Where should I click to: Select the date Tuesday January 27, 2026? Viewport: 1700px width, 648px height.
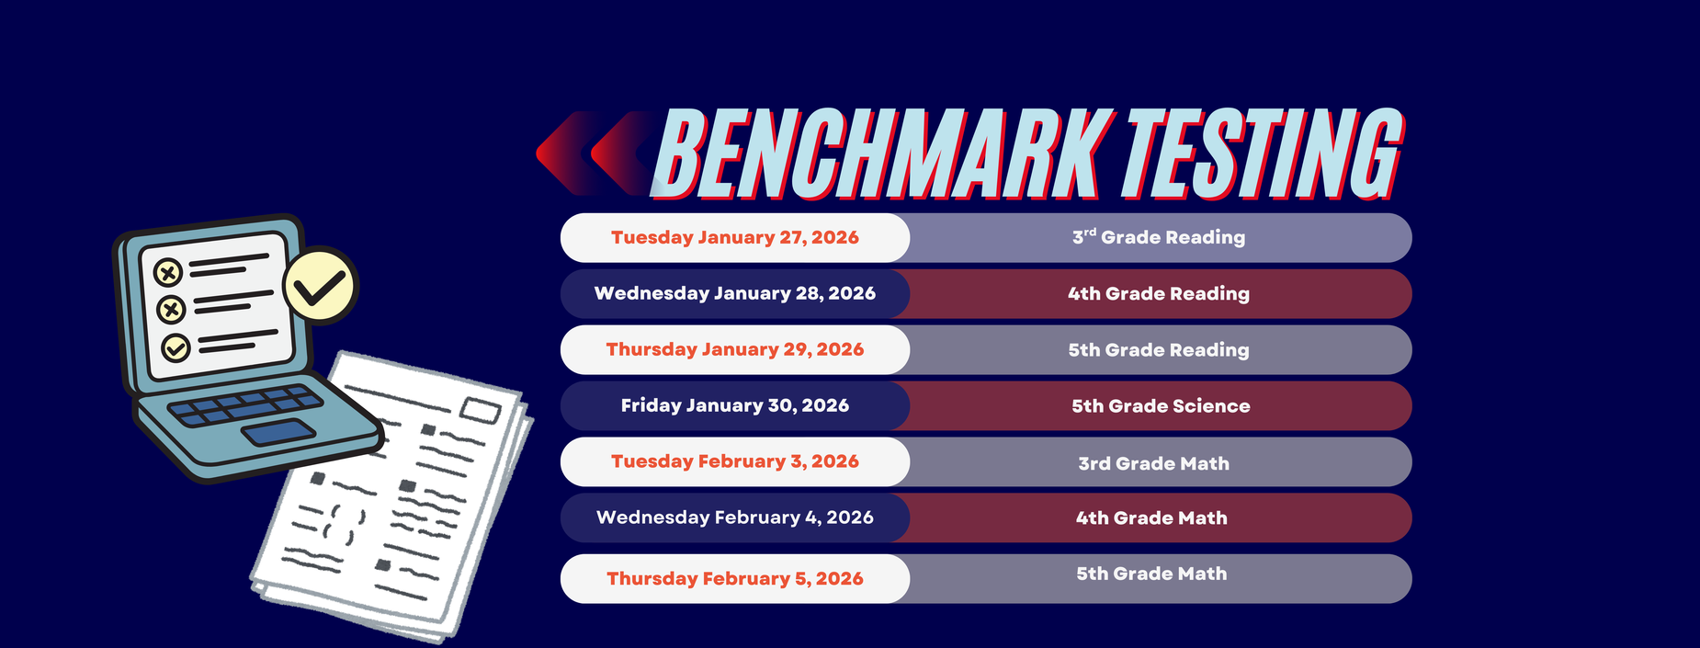pos(735,237)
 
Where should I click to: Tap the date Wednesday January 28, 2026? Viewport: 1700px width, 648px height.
pos(735,293)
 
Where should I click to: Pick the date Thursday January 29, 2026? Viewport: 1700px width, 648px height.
pos(735,349)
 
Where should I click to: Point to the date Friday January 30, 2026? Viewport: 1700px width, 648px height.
pos(735,405)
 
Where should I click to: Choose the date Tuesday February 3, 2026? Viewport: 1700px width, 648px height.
pos(735,461)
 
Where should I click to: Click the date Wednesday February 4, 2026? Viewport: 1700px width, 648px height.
pos(735,517)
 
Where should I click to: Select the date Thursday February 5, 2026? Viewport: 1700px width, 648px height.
pos(735,578)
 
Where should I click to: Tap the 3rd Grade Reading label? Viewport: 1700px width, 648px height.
pos(1159,237)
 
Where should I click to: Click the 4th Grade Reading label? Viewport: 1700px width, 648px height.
pos(1159,294)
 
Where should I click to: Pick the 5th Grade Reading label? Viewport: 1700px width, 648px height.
pos(1159,350)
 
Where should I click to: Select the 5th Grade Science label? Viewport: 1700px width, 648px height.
pos(1161,406)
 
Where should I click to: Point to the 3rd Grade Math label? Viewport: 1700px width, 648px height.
pos(1154,463)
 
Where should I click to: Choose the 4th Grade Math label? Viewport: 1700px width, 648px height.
pos(1151,518)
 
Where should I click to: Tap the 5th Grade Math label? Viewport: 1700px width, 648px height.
pos(1151,574)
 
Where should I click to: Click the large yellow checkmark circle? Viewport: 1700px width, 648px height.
pos(320,286)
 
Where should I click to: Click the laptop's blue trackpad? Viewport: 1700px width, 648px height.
pos(278,431)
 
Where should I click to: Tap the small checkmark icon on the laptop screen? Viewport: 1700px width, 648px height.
pos(176,347)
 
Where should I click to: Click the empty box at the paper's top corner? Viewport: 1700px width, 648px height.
pos(479,410)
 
